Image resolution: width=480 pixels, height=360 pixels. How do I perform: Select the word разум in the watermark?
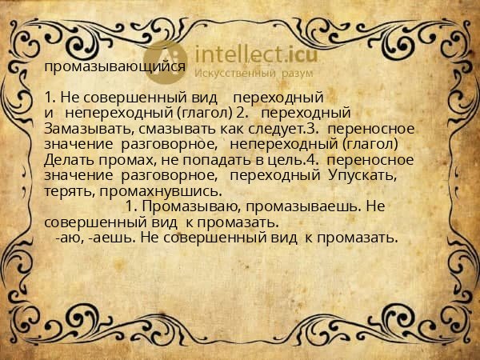point(296,74)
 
